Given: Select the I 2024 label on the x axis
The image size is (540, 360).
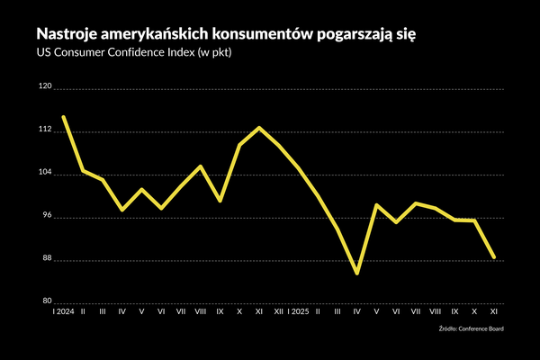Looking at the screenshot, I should pyautogui.click(x=63, y=311).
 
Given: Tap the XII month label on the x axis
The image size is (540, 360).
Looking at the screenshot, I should pyautogui.click(x=279, y=311).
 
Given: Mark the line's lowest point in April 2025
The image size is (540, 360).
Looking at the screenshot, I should pyautogui.click(x=357, y=273).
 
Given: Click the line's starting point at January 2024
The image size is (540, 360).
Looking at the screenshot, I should pyautogui.click(x=63, y=116).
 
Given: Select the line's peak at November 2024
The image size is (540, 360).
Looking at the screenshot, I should pyautogui.click(x=259, y=128).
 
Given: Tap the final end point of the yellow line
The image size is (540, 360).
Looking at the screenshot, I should pyautogui.click(x=494, y=258).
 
